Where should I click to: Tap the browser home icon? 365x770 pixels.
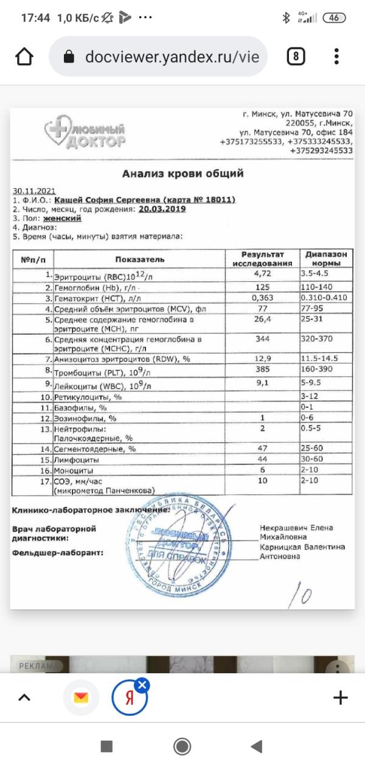(x=24, y=57)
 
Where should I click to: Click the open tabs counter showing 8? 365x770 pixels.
(x=295, y=57)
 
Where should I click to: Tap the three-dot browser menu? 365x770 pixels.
(x=336, y=57)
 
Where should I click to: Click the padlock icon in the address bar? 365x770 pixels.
(x=69, y=57)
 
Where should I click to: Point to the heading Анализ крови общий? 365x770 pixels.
(x=182, y=173)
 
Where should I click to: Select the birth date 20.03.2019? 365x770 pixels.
(x=162, y=208)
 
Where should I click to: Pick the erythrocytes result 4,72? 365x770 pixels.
(x=262, y=275)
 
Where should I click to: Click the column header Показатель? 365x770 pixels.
(x=139, y=259)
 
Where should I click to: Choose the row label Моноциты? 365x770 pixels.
(x=74, y=471)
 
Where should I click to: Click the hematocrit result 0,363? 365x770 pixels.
(x=262, y=298)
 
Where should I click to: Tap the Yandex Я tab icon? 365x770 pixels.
(x=129, y=698)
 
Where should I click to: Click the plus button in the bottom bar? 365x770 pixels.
(x=341, y=698)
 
